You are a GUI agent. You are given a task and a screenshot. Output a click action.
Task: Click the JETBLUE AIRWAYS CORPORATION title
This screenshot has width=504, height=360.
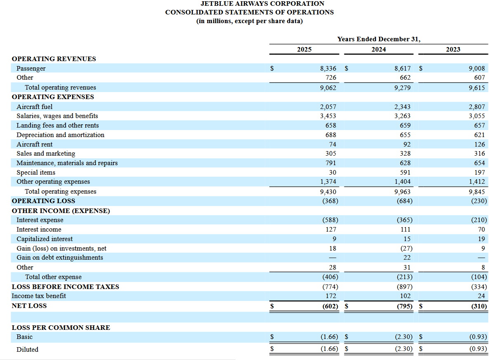point(251,4)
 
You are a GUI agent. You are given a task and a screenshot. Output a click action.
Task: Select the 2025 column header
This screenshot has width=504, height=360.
point(304,50)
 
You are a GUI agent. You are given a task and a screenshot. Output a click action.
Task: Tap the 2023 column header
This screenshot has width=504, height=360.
point(453,50)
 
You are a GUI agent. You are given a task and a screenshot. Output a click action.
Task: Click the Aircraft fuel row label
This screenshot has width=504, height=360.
point(35,107)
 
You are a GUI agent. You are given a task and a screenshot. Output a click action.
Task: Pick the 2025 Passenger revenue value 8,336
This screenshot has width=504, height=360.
point(328,69)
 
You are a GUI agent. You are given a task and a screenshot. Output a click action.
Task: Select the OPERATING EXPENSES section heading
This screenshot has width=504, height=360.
point(53,97)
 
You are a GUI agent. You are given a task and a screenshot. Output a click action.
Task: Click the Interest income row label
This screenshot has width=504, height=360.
point(39,230)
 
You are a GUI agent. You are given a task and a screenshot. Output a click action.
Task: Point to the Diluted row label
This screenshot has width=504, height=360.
point(27,350)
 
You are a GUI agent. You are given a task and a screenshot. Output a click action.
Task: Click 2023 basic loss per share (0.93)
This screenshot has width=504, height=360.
point(478,337)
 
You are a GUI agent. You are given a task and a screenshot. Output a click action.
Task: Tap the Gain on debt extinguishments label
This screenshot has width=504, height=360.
point(60,258)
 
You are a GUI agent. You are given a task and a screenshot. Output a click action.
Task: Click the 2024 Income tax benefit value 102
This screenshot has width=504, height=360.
point(405,296)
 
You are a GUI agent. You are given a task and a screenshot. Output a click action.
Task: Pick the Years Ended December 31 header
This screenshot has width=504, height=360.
point(379,39)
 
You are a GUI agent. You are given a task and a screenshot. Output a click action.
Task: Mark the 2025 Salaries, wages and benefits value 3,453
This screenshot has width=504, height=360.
point(328,116)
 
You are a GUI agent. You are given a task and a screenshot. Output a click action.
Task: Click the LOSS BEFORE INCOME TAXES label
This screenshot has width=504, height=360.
point(65,287)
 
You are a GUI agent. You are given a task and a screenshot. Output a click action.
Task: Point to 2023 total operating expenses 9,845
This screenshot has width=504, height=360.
point(477,192)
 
